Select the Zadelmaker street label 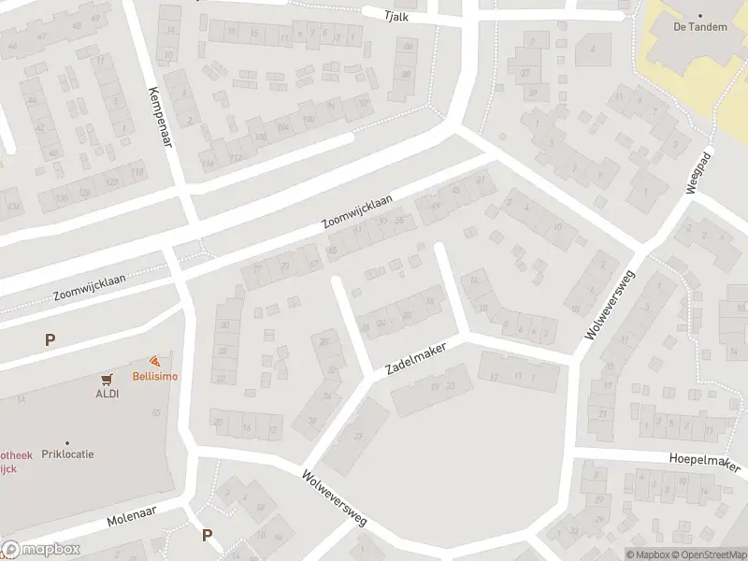(x=417, y=358)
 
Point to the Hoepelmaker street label (x=704, y=462)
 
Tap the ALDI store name (x=107, y=393)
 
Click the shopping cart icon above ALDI (x=107, y=379)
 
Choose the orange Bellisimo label (x=155, y=376)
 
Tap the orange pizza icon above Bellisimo (x=155, y=362)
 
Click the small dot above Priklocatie (x=67, y=442)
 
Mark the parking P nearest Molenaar (x=208, y=536)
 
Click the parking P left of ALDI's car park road (x=50, y=341)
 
